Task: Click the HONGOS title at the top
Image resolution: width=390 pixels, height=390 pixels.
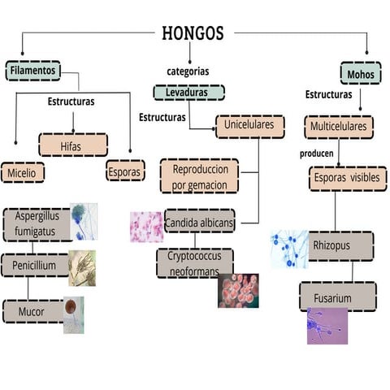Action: [193, 33]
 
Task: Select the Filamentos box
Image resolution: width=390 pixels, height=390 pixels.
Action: [33, 71]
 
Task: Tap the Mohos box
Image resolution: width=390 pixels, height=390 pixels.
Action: [361, 75]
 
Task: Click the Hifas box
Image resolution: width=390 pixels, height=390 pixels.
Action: [73, 145]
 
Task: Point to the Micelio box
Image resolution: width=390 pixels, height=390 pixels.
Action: [23, 172]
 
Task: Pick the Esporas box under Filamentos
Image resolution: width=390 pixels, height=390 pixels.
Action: [125, 172]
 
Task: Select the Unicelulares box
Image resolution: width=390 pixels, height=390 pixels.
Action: [249, 126]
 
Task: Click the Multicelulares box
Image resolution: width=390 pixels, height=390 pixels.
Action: [339, 127]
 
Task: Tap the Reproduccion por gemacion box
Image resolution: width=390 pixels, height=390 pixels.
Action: [199, 177]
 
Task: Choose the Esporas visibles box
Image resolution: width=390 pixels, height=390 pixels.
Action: [348, 178]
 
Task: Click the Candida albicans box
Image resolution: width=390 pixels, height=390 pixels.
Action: [199, 222]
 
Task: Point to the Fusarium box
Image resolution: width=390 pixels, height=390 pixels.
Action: [336, 297]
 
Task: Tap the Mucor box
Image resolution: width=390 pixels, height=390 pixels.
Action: [32, 310]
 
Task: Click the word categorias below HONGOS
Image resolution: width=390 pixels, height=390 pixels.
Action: [188, 71]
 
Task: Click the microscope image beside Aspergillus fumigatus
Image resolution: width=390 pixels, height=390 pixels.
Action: [84, 221]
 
